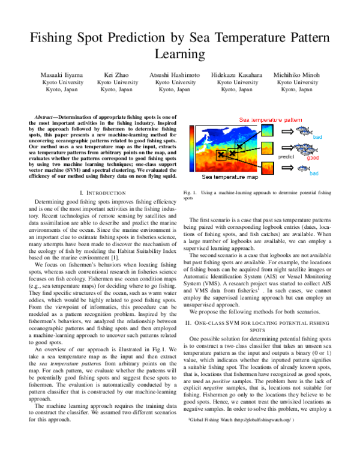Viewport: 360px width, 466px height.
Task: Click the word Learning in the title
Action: [180, 55]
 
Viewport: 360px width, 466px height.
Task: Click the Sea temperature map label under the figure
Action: [230, 178]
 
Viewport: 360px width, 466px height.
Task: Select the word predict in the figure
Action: [286, 155]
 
